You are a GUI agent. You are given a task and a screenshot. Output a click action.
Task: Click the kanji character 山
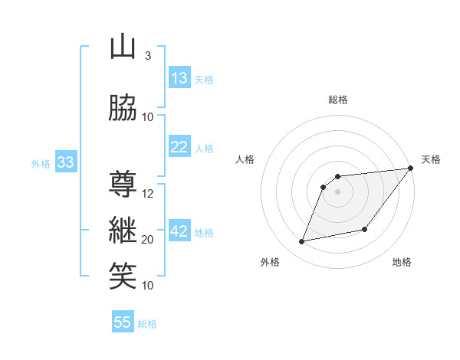(122, 47)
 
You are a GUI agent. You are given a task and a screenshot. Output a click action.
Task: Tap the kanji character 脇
(122, 108)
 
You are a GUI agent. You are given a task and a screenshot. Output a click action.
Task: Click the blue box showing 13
(179, 78)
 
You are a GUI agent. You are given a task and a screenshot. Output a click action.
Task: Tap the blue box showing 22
(179, 147)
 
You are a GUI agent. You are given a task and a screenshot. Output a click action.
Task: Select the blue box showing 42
(179, 231)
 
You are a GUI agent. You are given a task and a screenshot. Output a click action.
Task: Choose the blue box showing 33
(65, 162)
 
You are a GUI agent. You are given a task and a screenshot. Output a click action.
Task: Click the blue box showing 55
(123, 322)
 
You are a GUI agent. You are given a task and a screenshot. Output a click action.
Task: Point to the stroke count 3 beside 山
(147, 55)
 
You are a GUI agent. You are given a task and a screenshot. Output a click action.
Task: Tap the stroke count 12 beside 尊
(148, 193)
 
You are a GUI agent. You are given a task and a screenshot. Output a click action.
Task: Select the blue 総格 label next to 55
(147, 324)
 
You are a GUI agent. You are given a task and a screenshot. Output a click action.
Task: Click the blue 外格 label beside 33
(40, 163)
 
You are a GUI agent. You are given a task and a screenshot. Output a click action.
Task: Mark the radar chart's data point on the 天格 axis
(411, 169)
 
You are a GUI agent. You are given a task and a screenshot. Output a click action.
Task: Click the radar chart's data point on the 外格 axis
(302, 242)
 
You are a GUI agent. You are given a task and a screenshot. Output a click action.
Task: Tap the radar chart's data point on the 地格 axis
(365, 229)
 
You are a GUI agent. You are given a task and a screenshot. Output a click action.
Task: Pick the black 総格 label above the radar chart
(338, 100)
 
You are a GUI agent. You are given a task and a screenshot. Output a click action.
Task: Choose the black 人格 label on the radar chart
(245, 159)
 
